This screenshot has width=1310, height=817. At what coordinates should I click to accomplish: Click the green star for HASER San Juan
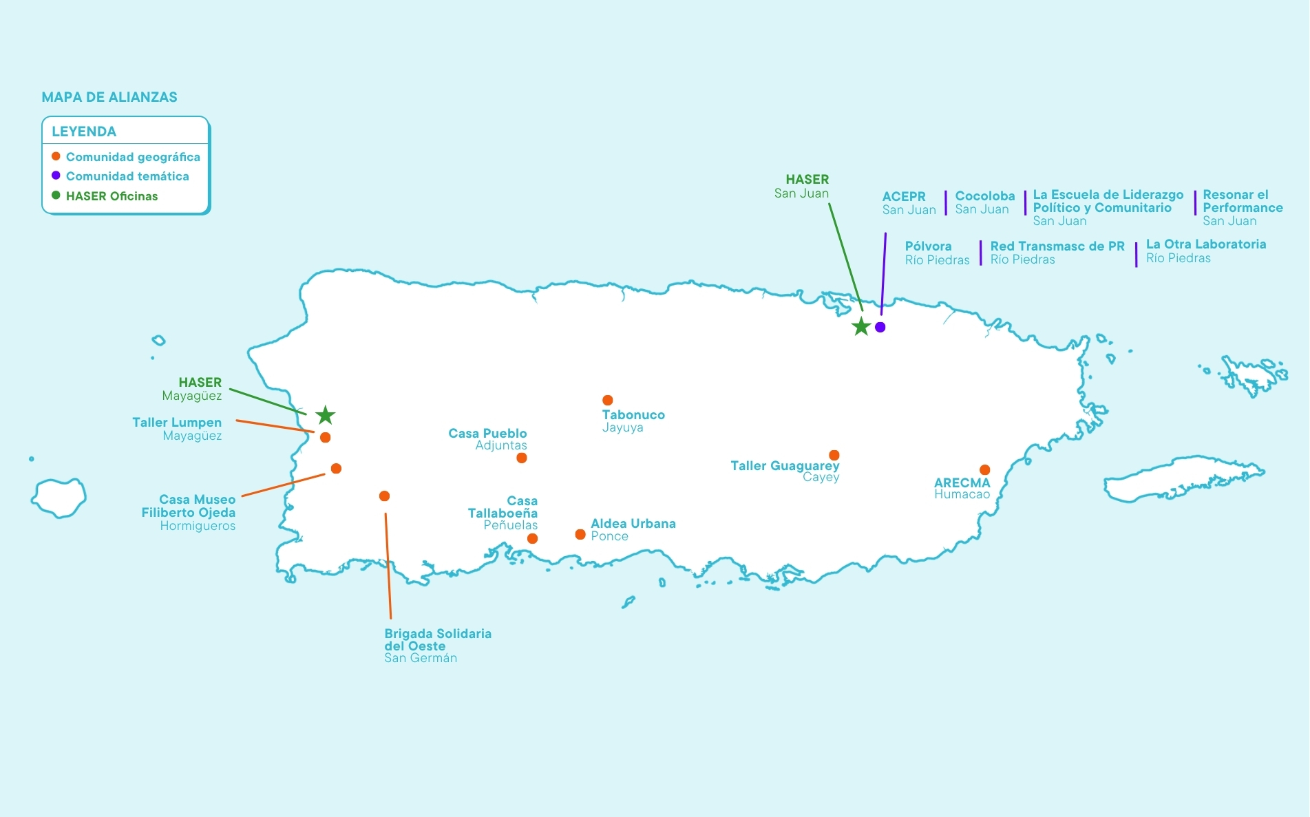[861, 326]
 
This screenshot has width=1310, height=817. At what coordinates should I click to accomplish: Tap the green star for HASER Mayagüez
[326, 415]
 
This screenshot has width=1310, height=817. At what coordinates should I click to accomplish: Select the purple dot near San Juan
[880, 327]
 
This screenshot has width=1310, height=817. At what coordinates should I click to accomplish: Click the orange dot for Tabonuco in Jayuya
[607, 400]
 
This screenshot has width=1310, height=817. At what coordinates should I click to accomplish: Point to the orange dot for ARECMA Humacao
[984, 469]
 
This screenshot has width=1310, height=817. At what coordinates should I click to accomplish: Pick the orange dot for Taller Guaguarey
[834, 455]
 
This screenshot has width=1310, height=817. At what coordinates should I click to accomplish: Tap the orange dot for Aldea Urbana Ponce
[580, 534]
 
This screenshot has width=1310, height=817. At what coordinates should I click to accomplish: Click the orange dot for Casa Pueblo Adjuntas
[522, 458]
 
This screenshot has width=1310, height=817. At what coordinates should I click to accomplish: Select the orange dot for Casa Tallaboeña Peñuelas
[532, 538]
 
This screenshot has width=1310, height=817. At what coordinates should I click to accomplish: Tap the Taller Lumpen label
[177, 423]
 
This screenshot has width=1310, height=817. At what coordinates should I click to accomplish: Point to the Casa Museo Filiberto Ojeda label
[189, 506]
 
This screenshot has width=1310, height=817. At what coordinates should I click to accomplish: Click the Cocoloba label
[985, 196]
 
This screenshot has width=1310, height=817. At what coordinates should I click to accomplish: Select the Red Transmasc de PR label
[1057, 246]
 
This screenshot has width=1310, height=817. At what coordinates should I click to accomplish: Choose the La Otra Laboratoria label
[1206, 244]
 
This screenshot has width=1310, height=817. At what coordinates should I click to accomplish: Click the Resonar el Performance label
[1243, 201]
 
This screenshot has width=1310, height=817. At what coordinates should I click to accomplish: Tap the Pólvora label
[928, 246]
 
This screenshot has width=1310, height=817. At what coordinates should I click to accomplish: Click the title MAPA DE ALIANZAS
[109, 97]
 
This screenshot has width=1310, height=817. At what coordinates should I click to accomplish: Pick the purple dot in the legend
[56, 176]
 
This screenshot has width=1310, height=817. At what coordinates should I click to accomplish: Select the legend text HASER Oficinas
[112, 196]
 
